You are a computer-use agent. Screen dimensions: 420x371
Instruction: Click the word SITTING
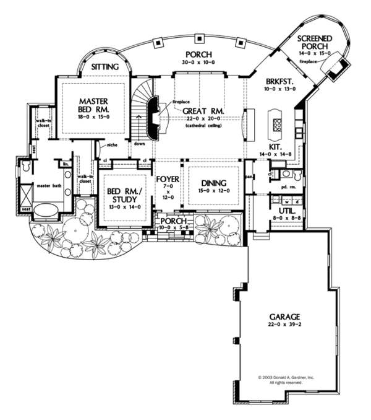105,66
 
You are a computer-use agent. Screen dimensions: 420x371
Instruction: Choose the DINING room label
213,183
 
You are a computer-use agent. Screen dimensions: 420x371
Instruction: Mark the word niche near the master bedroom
112,146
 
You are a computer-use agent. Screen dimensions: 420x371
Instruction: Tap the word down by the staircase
139,142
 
